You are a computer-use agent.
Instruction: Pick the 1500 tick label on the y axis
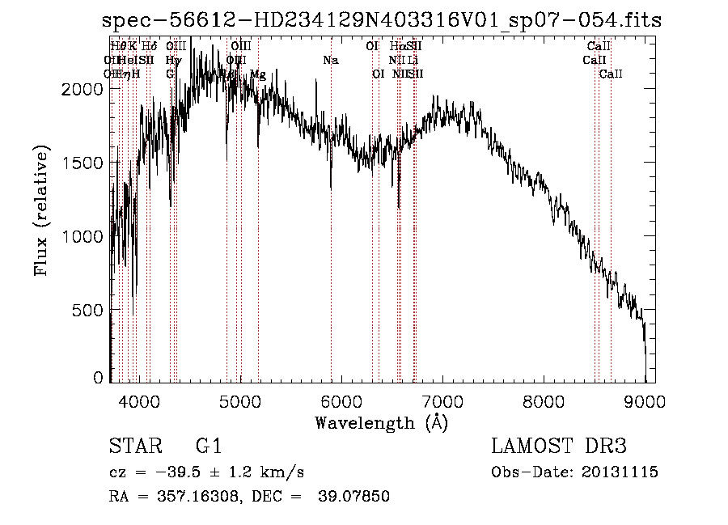(84, 163)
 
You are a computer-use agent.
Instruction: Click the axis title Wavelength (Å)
(381, 422)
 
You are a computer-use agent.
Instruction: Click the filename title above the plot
(383, 21)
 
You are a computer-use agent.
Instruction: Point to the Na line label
(330, 60)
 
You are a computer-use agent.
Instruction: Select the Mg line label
(257, 74)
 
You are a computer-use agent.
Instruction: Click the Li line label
(413, 60)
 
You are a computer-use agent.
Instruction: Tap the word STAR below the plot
(133, 447)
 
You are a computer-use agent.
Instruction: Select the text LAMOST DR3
(559, 447)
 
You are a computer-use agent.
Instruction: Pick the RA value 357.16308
(193, 497)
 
